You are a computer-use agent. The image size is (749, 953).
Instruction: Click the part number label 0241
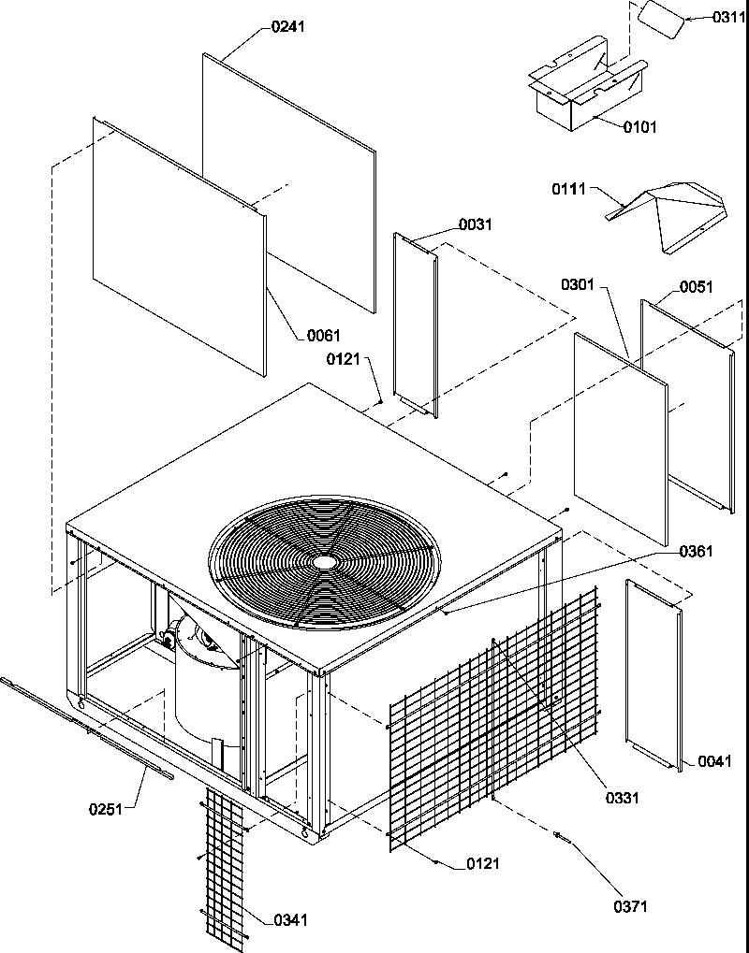[x=288, y=27]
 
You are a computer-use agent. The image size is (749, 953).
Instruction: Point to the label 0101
[x=640, y=127]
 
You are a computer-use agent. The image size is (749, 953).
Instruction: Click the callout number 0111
[x=568, y=190]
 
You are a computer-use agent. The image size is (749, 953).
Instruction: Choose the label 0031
[x=475, y=225]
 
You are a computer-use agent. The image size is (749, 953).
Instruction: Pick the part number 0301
[x=579, y=283]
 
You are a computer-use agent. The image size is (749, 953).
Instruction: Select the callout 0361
[x=697, y=552]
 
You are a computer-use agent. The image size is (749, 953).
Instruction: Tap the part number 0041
[x=715, y=762]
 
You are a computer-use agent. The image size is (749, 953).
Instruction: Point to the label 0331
[x=622, y=798]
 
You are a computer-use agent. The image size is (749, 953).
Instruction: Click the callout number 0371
[x=630, y=906]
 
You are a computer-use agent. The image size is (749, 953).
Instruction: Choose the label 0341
[x=291, y=920]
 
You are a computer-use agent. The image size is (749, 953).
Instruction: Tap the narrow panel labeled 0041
[x=654, y=673]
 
